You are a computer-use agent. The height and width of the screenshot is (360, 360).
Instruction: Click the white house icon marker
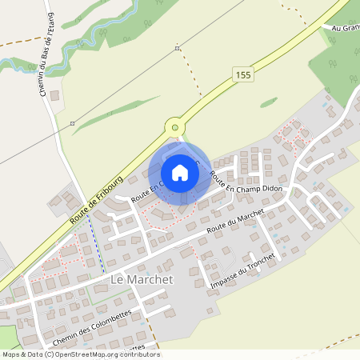(x=179, y=172)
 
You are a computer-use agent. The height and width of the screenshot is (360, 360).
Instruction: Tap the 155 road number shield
(x=244, y=74)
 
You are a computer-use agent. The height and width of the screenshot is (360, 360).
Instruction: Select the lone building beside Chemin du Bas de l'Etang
(x=54, y=96)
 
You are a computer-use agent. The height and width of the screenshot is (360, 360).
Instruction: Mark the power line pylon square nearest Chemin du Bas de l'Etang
(x=72, y=124)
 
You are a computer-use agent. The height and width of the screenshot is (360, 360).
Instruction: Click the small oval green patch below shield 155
(x=269, y=102)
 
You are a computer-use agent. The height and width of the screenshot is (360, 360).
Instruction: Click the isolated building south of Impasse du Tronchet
(x=210, y=310)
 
